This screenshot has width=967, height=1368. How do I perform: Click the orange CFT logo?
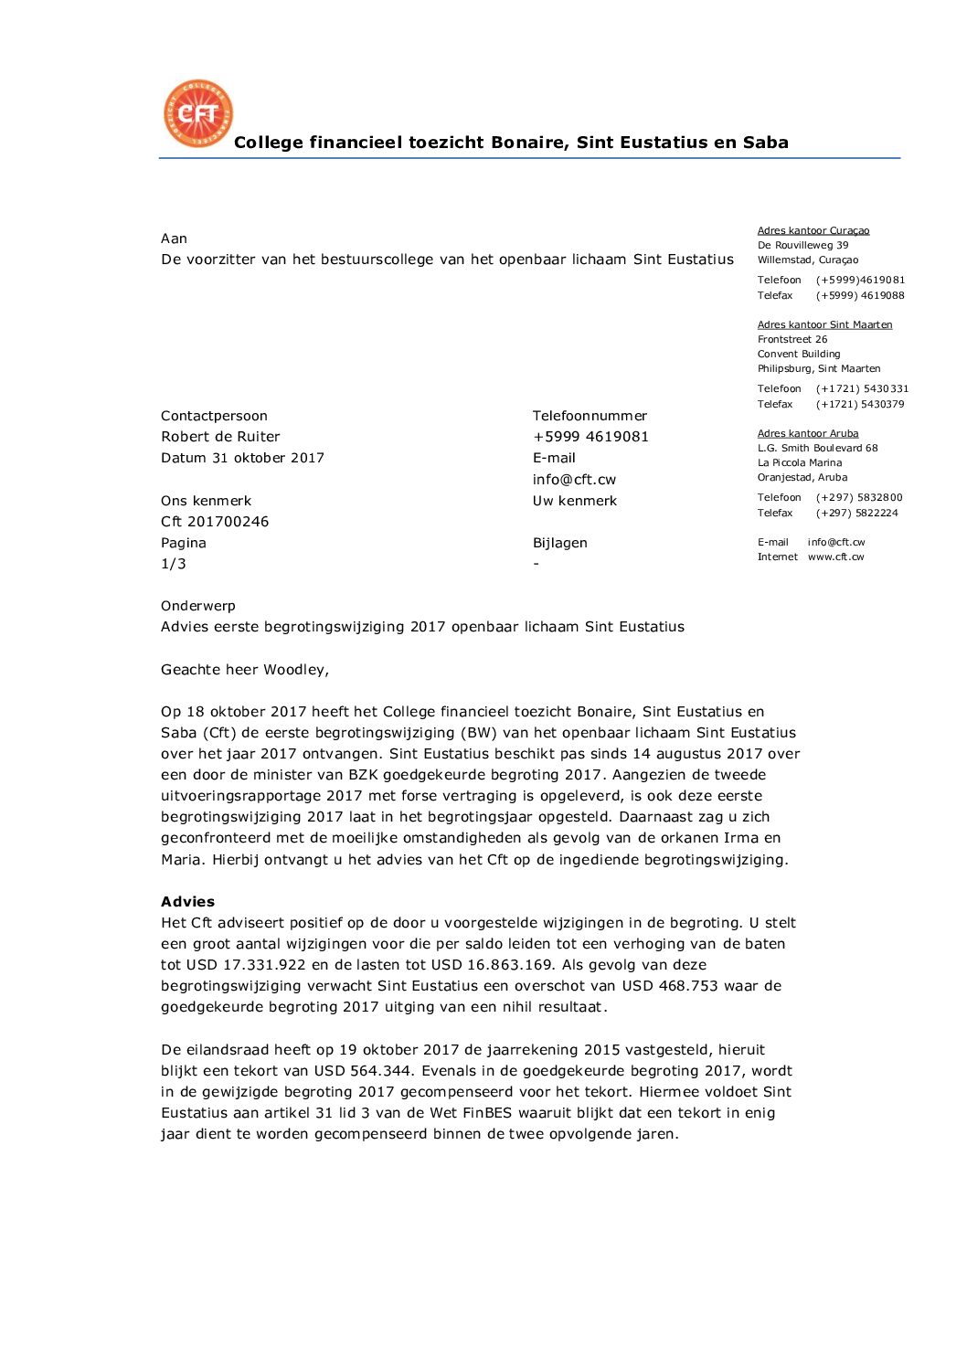(197, 113)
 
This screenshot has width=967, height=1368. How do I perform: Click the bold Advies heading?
(187, 901)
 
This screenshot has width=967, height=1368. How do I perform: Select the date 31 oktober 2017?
(268, 458)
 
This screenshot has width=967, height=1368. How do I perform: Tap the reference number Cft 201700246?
(215, 522)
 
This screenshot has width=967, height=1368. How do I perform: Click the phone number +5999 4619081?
(590, 437)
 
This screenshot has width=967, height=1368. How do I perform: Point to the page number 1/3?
(174, 564)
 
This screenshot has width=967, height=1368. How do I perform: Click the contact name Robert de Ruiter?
(220, 437)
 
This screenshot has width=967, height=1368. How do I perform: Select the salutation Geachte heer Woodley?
(244, 670)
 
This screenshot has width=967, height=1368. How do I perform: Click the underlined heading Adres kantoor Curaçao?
(813, 231)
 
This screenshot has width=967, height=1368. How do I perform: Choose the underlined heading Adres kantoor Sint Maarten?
(824, 324)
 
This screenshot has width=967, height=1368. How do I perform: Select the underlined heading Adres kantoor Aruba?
(808, 433)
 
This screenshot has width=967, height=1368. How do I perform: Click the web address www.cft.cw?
(835, 557)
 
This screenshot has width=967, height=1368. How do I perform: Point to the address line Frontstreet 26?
(792, 339)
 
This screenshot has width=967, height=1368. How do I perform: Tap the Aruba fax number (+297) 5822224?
(856, 513)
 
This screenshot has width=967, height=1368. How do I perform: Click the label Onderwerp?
(198, 606)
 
